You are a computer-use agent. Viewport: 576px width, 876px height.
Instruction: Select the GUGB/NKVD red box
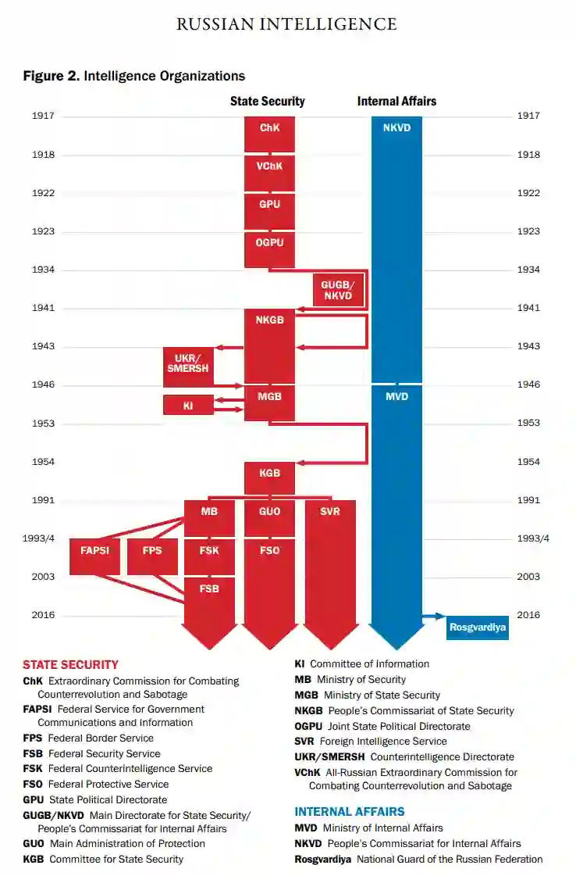click(x=337, y=291)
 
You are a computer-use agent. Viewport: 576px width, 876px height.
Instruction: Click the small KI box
click(x=188, y=405)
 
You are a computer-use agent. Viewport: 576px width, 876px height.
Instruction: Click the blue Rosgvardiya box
click(x=477, y=627)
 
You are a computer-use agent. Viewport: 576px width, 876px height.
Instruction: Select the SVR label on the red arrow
click(x=330, y=512)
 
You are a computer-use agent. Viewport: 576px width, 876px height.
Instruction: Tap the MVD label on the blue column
click(x=396, y=397)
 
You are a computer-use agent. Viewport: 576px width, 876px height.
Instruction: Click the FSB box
click(x=209, y=589)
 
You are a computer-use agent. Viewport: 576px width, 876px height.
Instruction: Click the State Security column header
click(x=267, y=102)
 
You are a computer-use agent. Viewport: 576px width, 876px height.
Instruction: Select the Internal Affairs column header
click(x=396, y=102)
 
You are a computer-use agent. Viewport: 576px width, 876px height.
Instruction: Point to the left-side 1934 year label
click(x=43, y=270)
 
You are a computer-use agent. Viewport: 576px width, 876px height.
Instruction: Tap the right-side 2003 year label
click(x=528, y=577)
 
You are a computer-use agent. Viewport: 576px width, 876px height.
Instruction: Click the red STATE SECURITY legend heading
click(x=70, y=665)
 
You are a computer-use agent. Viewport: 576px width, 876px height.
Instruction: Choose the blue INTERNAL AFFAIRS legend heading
click(x=349, y=812)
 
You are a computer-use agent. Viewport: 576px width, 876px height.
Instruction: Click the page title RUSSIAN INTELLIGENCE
click(x=286, y=24)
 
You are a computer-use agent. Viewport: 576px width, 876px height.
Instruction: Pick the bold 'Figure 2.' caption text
click(x=51, y=76)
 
